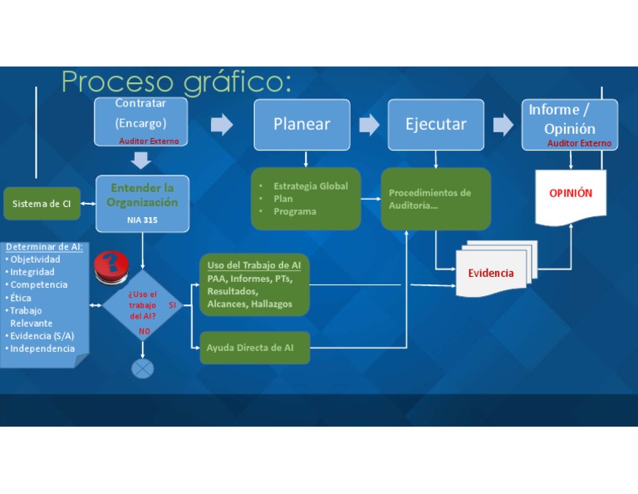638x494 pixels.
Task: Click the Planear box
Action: [x=302, y=125]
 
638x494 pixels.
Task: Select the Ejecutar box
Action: [x=435, y=125]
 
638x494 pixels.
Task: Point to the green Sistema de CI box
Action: [x=42, y=204]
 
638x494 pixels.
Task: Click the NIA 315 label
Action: [x=142, y=220]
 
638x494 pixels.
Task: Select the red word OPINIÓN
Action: [x=571, y=193]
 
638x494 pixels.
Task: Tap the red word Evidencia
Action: [x=490, y=273]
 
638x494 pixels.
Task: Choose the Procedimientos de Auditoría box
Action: [x=435, y=200]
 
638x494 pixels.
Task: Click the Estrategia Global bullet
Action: [x=310, y=186]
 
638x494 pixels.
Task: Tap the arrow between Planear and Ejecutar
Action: [x=370, y=125]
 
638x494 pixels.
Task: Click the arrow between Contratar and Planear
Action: [x=222, y=125]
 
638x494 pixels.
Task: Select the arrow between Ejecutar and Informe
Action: [x=503, y=125]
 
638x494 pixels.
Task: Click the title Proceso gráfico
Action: [x=176, y=82]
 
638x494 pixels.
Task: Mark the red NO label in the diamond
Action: [x=145, y=331]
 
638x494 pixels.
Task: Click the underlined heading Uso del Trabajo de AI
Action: [x=254, y=265]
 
